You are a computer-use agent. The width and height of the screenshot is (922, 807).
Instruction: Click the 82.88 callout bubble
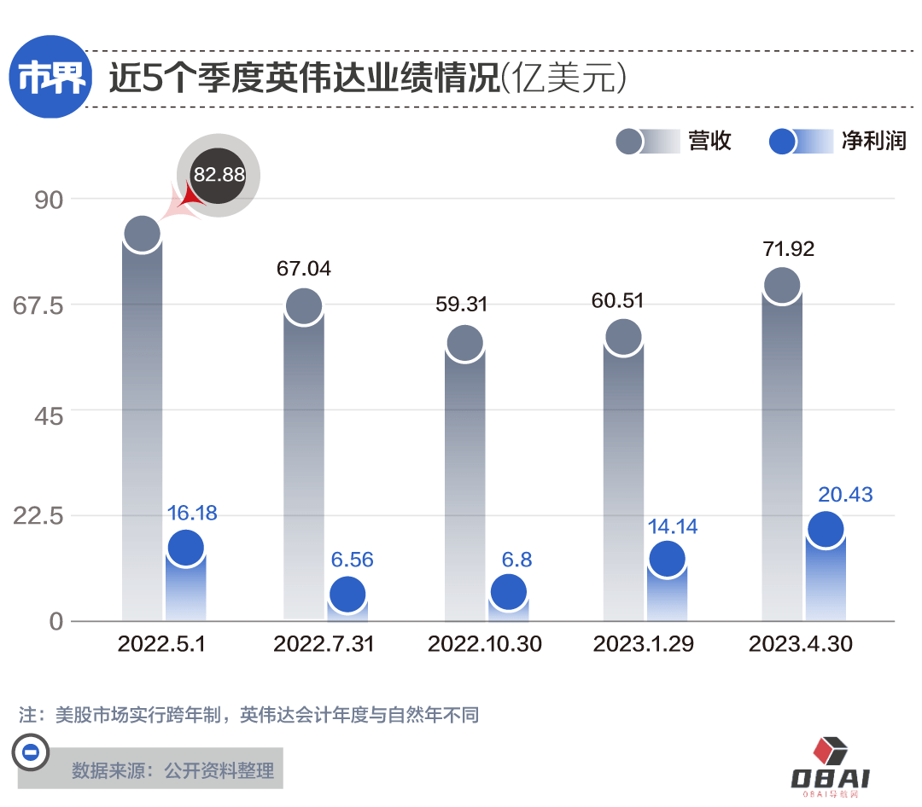(x=219, y=175)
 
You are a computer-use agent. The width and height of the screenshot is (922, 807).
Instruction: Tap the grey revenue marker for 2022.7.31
(x=303, y=306)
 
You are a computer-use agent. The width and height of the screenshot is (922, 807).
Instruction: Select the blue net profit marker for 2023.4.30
(x=825, y=529)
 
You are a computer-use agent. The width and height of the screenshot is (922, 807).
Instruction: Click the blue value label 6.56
(x=352, y=560)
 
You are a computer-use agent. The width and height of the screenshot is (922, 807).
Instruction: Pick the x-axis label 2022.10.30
(x=484, y=644)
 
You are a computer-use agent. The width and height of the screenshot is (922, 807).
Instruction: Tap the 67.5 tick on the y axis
(x=39, y=305)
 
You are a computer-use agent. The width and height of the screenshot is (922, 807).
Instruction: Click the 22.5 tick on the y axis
(x=39, y=515)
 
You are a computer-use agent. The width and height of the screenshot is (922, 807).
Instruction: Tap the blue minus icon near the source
(x=29, y=752)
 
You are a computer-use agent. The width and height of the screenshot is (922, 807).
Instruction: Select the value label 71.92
(x=787, y=249)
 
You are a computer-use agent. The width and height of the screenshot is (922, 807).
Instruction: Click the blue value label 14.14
(x=672, y=526)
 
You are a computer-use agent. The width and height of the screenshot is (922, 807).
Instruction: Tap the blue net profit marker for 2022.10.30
(x=508, y=591)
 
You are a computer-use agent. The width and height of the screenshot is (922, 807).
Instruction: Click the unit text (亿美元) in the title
(x=565, y=79)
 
